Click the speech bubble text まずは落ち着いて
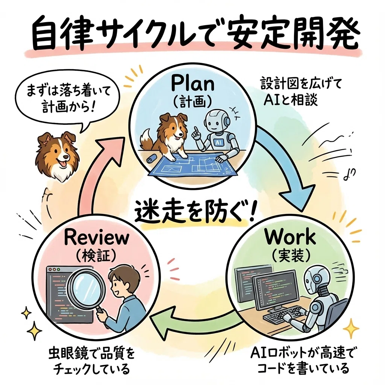tap(69, 92)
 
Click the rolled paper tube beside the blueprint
tap(150, 158)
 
